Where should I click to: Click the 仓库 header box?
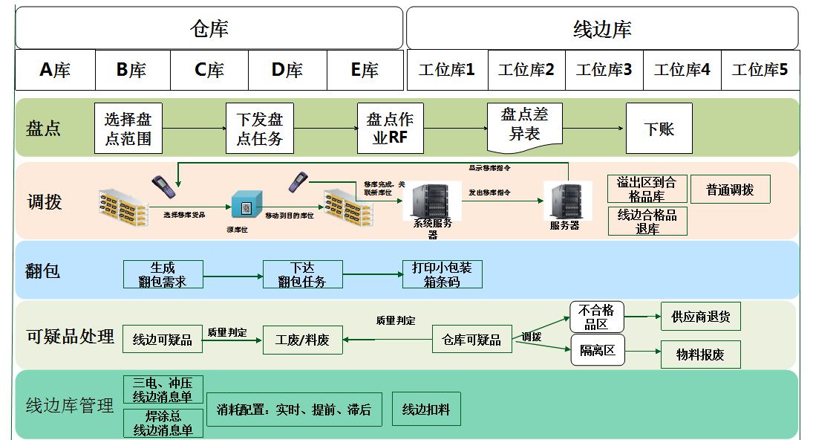click(209, 28)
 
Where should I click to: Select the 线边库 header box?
click(602, 28)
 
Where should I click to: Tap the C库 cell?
click(209, 70)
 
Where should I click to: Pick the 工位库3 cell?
click(604, 70)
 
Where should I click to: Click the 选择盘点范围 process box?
click(128, 129)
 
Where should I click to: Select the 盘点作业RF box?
click(390, 129)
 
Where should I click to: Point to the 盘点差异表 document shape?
click(524, 124)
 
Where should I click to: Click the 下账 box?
click(659, 129)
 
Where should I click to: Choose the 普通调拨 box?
click(730, 190)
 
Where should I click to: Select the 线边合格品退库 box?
click(647, 221)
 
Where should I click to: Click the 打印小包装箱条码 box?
click(442, 274)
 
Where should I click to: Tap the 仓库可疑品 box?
click(471, 340)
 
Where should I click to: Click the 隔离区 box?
click(598, 350)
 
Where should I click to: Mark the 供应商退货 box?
click(700, 317)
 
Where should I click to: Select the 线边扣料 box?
click(425, 409)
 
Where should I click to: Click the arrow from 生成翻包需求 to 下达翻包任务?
click(232, 276)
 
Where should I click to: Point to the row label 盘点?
click(44, 129)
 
